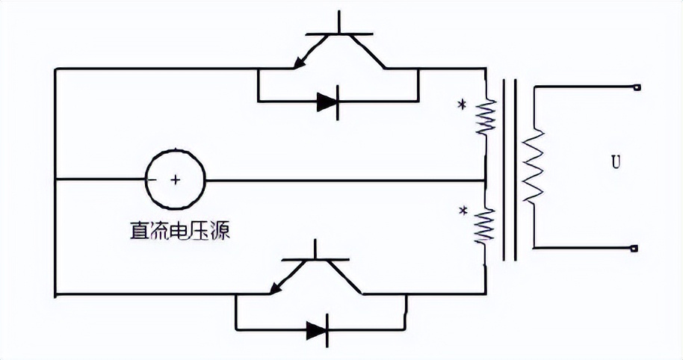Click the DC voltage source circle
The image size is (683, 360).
pos(175,179)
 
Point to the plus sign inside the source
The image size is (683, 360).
pos(176,180)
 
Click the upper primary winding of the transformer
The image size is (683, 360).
pos(487,116)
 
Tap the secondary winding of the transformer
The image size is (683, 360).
pos(534,166)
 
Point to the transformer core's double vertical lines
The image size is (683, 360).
pos(510,168)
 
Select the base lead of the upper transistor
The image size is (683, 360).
pos(339,22)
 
